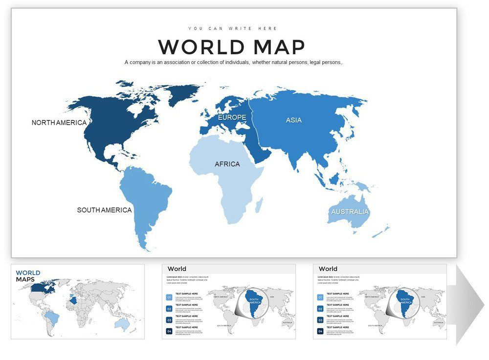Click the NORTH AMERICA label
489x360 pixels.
pyautogui.click(x=59, y=123)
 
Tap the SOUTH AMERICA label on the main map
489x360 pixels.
pyautogui.click(x=104, y=210)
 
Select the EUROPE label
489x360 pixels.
pyautogui.click(x=232, y=118)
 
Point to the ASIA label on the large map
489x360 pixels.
pyautogui.click(x=293, y=120)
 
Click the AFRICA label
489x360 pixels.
pyautogui.click(x=227, y=164)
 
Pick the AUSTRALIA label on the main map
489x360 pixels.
pyautogui.click(x=350, y=212)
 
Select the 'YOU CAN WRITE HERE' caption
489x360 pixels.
pyautogui.click(x=233, y=28)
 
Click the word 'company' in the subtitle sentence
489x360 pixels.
pyautogui.click(x=145, y=62)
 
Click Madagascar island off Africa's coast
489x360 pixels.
pyautogui.click(x=259, y=204)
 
